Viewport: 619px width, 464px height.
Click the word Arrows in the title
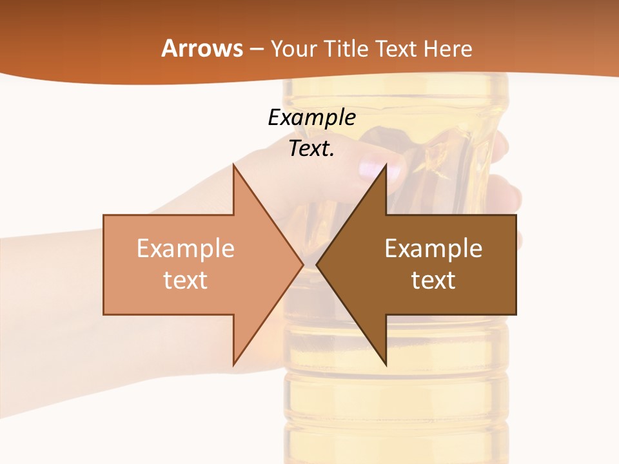201,48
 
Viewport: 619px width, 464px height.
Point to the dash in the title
256,50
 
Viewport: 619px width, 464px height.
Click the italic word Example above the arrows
311,118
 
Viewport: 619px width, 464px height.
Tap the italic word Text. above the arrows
311,149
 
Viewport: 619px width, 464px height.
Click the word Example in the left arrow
186,249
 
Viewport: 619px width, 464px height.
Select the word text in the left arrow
186,280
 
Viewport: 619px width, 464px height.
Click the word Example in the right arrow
433,249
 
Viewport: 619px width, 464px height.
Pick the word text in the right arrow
433,280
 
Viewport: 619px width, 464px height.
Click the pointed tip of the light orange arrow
302,264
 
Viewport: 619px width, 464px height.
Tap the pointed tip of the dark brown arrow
317,264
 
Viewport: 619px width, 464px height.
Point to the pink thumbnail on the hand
373,169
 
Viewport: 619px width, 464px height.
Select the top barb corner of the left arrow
233,164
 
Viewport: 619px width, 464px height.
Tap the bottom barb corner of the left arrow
233,365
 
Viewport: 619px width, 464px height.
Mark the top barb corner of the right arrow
386,164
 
